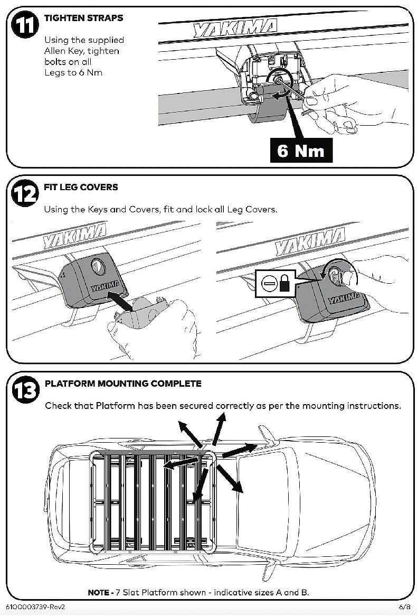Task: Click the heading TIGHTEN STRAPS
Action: coord(83,18)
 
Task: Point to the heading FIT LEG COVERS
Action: coord(81,187)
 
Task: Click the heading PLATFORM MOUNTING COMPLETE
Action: coord(123,384)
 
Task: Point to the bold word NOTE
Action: coord(98,592)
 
